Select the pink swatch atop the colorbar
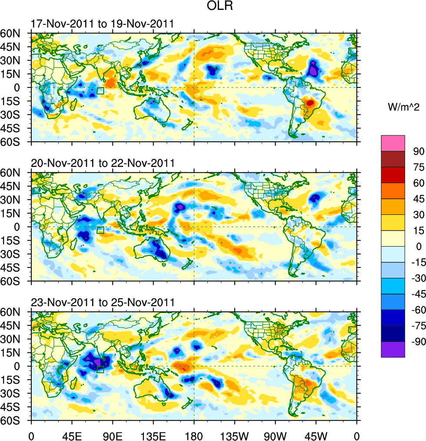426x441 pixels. [x=393, y=143]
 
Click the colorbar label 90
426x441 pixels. [x=419, y=151]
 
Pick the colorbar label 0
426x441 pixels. [x=419, y=246]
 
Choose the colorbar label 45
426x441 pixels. [x=418, y=199]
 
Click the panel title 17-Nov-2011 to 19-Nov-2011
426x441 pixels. [x=103, y=23]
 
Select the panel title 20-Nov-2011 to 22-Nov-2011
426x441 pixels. [x=103, y=163]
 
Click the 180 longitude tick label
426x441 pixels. [x=194, y=434]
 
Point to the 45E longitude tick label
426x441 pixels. [x=71, y=434]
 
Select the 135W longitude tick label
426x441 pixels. [x=234, y=434]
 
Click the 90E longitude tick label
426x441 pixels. [x=112, y=434]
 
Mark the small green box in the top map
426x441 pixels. [x=100, y=90]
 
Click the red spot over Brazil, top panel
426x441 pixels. [x=310, y=103]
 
